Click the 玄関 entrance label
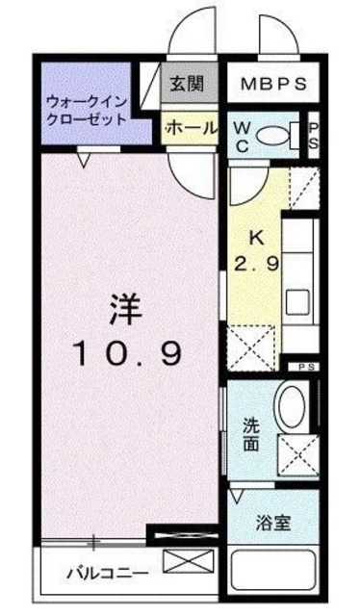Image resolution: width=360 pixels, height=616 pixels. point(188,84)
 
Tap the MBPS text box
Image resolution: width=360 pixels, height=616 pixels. point(273,84)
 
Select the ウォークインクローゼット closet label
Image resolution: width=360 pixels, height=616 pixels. point(87,111)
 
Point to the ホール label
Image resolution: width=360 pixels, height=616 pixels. point(190,127)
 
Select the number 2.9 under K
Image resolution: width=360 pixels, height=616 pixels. point(258,263)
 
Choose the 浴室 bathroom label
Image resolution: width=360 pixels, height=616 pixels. point(273,525)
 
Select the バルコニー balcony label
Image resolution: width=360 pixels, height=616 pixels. point(107,574)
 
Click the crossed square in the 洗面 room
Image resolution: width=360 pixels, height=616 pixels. point(297,452)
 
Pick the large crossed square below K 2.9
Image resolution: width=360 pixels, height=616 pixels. point(250,347)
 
